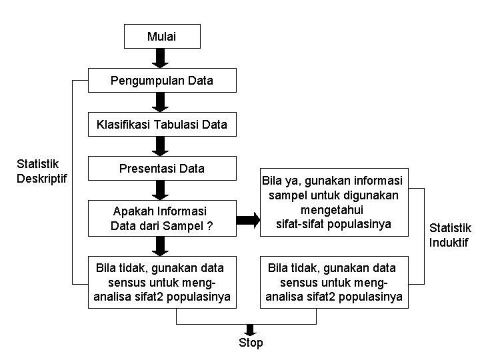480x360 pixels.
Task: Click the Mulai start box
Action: click(x=162, y=37)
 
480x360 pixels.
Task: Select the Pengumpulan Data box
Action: click(x=162, y=81)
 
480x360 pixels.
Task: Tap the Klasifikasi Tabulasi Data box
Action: click(x=162, y=124)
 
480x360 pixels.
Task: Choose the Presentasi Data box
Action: click(x=162, y=168)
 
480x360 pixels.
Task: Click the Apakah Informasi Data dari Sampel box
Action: click(x=162, y=218)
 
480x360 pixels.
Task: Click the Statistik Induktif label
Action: click(x=449, y=235)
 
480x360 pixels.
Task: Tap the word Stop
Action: click(x=251, y=343)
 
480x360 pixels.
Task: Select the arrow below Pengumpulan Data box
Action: click(x=161, y=102)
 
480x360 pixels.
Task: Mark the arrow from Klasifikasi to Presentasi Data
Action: click(x=161, y=146)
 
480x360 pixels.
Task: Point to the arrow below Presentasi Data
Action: click(x=161, y=190)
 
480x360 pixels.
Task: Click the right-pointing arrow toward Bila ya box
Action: click(x=248, y=218)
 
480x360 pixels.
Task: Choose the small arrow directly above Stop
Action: click(x=251, y=329)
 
